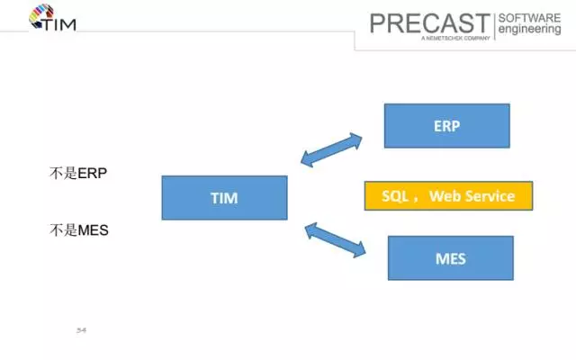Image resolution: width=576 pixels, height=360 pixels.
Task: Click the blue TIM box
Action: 224,198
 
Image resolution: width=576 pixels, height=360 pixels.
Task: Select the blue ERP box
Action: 446,126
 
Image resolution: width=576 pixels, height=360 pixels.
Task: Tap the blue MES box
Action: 450,258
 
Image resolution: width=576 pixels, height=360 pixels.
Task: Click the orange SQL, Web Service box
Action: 448,196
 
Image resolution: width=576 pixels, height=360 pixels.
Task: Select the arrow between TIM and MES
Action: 336,240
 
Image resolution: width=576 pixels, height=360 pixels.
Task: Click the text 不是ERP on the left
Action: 78,173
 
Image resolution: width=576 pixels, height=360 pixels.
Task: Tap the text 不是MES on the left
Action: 79,229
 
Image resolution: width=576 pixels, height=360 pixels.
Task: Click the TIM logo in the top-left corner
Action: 52,18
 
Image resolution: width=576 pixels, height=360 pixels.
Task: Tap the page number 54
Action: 81,330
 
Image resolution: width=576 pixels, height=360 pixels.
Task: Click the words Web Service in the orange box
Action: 472,196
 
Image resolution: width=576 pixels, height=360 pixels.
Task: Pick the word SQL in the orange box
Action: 397,196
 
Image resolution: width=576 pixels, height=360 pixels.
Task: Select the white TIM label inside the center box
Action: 224,198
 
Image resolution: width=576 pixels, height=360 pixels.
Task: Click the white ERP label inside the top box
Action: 446,126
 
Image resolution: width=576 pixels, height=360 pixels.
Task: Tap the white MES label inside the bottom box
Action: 450,258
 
